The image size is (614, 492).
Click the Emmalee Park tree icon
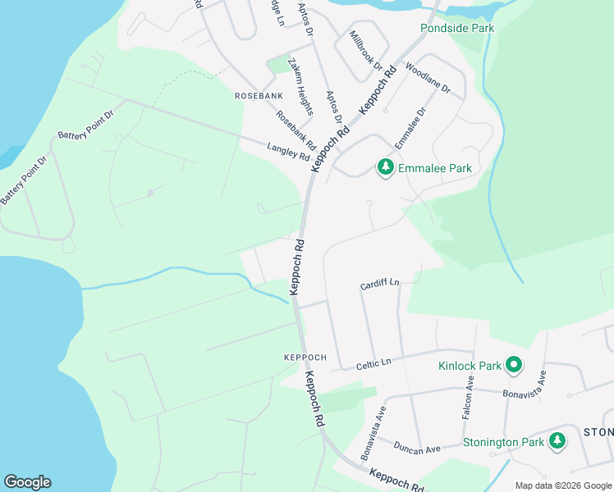[385, 168]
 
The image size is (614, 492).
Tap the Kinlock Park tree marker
[514, 364]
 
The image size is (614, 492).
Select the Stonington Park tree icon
[557, 441]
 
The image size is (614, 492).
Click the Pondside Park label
[457, 28]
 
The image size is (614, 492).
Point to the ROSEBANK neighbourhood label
[259, 96]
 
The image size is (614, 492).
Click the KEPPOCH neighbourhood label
[305, 358]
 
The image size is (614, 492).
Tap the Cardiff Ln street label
[379, 284]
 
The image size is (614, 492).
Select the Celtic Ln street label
[373, 362]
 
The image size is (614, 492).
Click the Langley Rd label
[287, 152]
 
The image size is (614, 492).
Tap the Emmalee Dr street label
[410, 129]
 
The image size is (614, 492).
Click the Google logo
[27, 482]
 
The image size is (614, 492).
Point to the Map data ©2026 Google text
[562, 485]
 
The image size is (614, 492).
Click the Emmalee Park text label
[435, 168]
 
